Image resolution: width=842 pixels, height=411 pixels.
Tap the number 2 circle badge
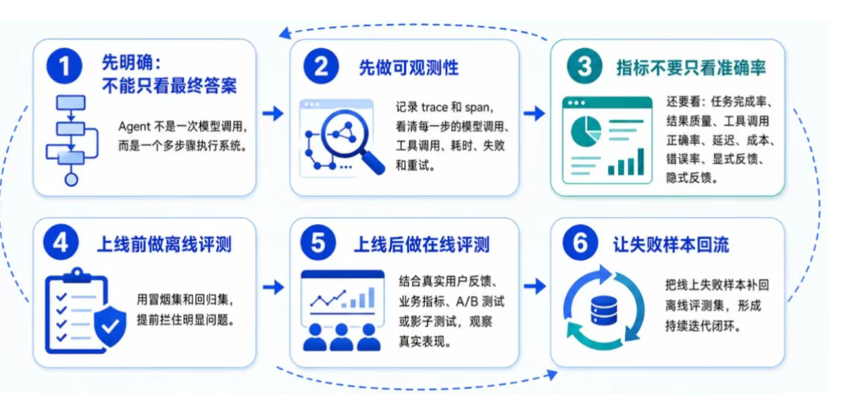pos(321,67)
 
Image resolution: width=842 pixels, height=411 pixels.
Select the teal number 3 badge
pos(584,67)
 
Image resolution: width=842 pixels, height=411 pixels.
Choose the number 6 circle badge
pos(580,244)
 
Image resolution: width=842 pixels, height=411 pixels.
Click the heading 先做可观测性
pos(409,68)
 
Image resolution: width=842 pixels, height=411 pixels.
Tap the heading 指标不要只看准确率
pos(691,68)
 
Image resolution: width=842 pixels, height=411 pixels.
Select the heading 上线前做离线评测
pos(164,244)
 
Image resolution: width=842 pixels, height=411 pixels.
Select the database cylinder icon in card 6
pos(603,310)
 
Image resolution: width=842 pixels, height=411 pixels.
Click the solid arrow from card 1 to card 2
pos(273,114)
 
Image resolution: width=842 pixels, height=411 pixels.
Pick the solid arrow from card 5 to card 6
pos(534,287)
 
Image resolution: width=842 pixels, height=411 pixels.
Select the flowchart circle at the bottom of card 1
pos(71,179)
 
